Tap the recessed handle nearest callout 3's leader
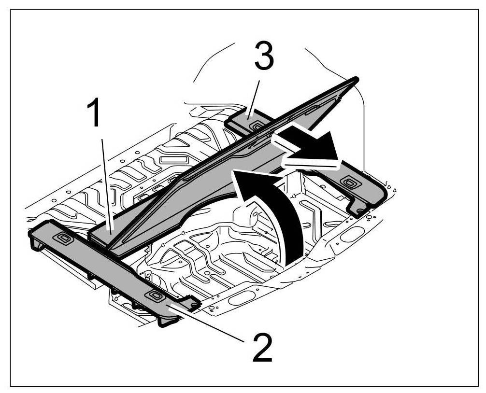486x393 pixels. tap(257, 126)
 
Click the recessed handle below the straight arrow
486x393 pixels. tap(348, 182)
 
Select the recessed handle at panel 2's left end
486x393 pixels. tap(63, 237)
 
